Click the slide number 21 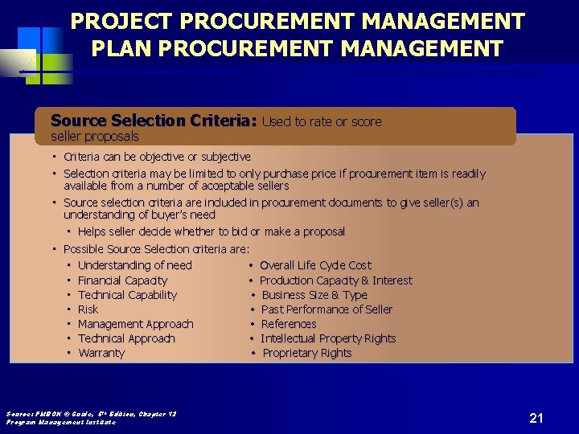pos(536,417)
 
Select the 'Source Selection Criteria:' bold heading pos(153,121)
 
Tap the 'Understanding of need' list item pos(134,265)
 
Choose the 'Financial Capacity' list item pos(122,280)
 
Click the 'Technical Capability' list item pos(127,295)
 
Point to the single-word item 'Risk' pos(88,309)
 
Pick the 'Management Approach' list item pos(135,324)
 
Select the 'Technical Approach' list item pos(126,338)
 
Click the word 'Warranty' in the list pos(101,353)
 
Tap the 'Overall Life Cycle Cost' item pos(315,265)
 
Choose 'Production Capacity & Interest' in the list pos(335,280)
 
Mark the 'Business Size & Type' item pos(314,295)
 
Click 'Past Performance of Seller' pos(326,309)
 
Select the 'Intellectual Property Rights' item pos(328,338)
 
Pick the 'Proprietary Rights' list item pos(306,353)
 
